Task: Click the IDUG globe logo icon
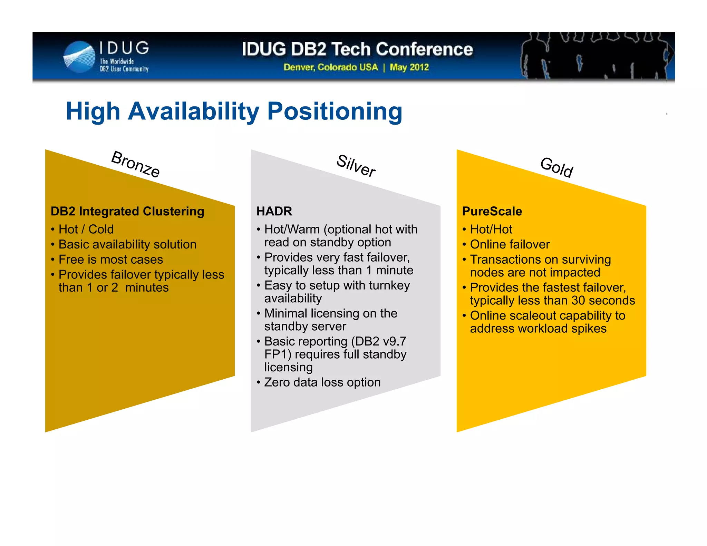[x=79, y=57]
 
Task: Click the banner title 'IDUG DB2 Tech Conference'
[x=357, y=49]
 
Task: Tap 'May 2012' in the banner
[x=409, y=67]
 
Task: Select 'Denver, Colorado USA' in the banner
[x=330, y=67]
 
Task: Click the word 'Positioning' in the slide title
[x=335, y=111]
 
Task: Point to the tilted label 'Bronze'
[x=135, y=164]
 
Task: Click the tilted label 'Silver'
[x=356, y=166]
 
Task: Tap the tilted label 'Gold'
[x=556, y=167]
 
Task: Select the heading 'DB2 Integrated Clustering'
[x=127, y=211]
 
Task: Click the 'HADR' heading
[x=274, y=211]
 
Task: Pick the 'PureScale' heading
[x=492, y=211]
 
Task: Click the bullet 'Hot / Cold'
[x=86, y=229]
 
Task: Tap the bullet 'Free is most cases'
[x=110, y=260]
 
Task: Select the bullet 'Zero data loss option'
[x=322, y=382]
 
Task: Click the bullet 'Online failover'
[x=510, y=244]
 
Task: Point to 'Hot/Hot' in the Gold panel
[x=491, y=229]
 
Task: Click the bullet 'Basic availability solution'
[x=127, y=244]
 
